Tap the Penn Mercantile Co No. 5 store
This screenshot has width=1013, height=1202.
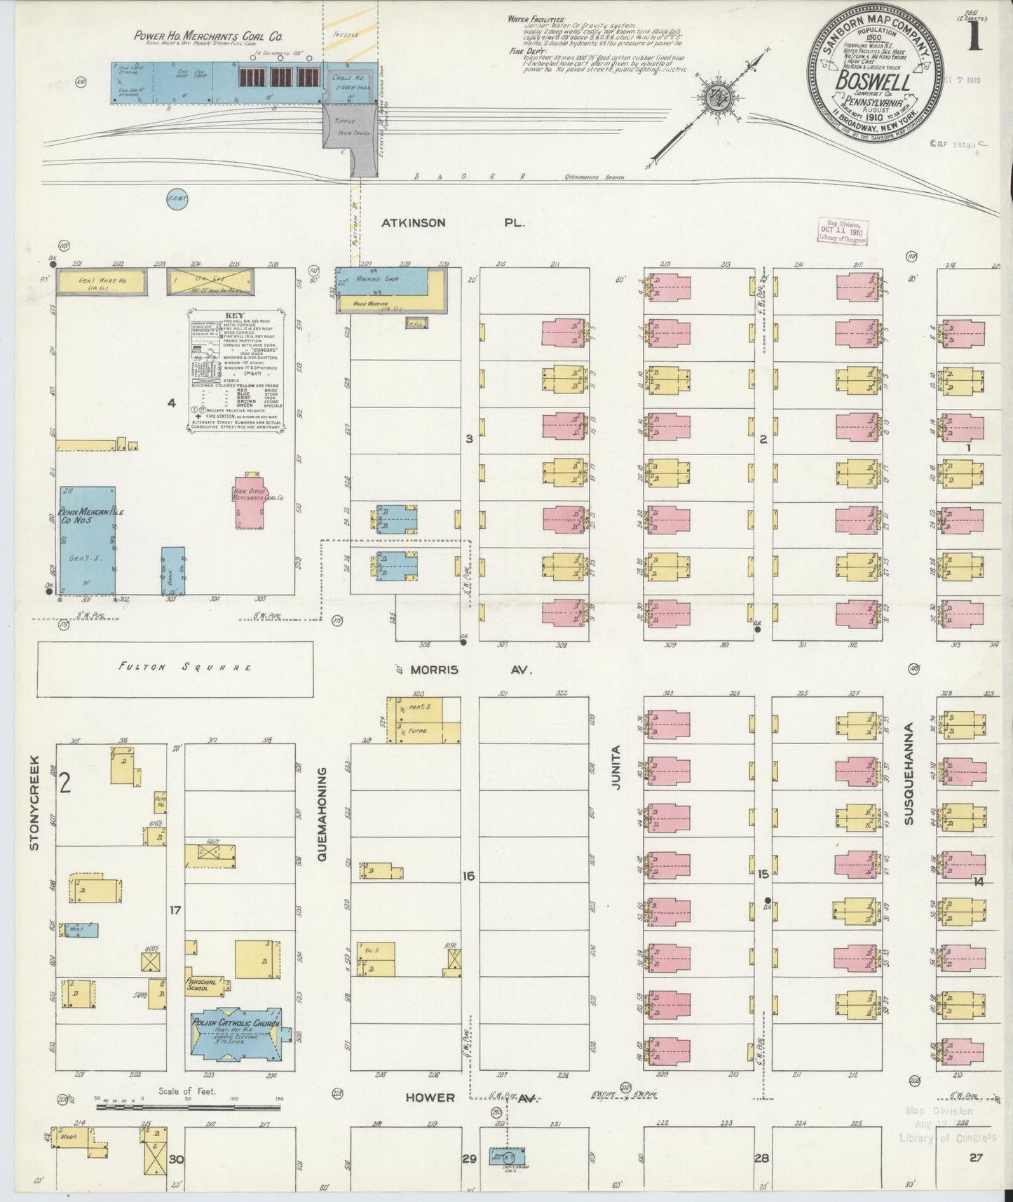tap(88, 540)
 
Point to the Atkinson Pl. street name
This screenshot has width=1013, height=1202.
tap(453, 224)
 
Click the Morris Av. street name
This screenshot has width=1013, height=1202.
tap(463, 670)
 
